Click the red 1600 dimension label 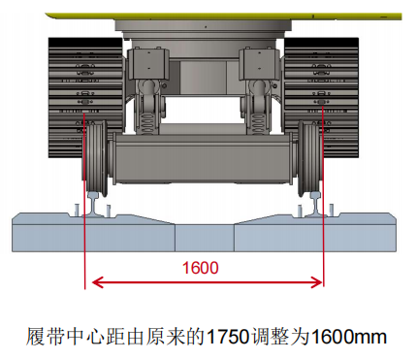point(201,268)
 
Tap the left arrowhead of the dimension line point(98,282)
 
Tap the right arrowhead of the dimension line point(316,282)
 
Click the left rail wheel point(95,158)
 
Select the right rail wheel point(308,158)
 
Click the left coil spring point(148,123)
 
